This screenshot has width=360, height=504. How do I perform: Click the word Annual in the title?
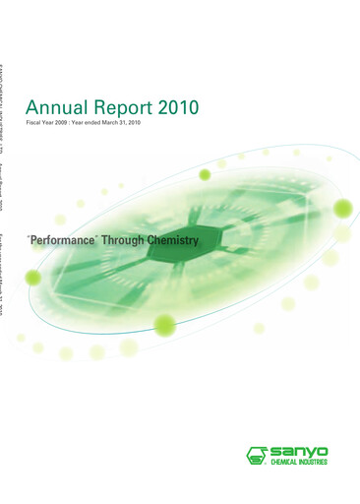pos(54,107)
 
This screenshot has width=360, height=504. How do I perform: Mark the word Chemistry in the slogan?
pos(175,239)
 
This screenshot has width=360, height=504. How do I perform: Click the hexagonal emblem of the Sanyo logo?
pos(257,455)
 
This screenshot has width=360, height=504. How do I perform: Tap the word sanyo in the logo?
pos(299,451)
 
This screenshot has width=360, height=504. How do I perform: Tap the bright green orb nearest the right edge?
pos(341,208)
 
